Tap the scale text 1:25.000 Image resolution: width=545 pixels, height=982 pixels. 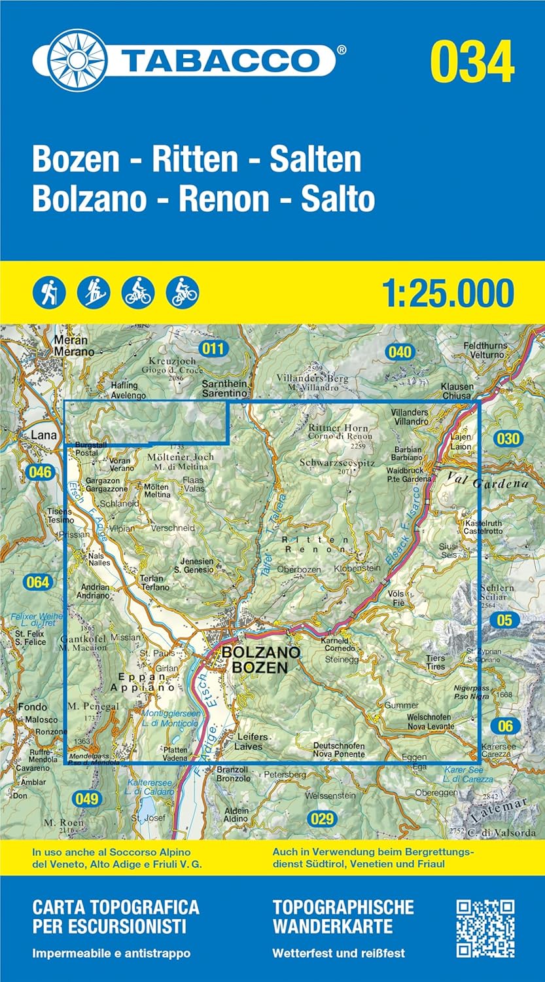coord(448,293)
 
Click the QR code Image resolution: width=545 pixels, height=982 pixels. coord(485,928)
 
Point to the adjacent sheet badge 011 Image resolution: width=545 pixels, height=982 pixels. coord(213,349)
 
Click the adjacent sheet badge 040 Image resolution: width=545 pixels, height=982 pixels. coord(399,352)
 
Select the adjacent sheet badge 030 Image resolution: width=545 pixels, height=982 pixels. coord(506,439)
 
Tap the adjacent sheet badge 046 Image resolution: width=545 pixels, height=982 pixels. coord(40,471)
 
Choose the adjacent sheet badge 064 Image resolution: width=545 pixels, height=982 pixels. coord(37,581)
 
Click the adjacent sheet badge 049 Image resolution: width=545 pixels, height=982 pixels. coord(86,798)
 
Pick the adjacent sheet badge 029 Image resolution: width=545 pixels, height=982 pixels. coord(321,818)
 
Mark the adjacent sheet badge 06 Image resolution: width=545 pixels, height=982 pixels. coord(505,725)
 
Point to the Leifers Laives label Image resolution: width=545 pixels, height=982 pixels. coord(249,742)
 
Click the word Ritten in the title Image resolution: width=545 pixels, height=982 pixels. coord(194,160)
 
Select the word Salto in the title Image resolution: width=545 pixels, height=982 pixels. coord(338,199)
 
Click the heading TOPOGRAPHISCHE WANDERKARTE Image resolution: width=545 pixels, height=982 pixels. coord(343,917)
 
